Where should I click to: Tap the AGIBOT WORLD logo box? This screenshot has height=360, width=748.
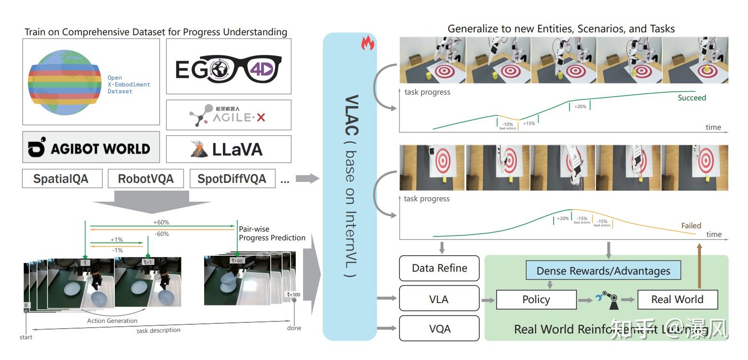pos(91,147)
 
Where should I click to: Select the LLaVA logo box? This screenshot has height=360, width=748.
pos(228,149)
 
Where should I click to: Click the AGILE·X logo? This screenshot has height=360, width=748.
pos(228,115)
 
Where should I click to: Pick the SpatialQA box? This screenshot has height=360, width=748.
pos(62,179)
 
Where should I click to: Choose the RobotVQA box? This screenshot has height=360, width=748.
pos(146,179)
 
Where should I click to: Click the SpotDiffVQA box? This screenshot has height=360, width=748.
pos(232,179)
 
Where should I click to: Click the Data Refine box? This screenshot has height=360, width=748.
pos(439,268)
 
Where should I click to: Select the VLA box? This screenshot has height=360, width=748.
pos(439,299)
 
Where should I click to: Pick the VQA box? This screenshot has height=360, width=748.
pos(439,329)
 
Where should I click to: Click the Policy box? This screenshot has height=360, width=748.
pos(536,300)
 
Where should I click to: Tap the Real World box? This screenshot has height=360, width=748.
pos(677,300)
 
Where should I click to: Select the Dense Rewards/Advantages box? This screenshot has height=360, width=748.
pos(603,271)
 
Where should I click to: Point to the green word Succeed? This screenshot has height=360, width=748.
pos(692,98)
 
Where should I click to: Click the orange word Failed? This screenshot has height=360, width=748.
pos(691,225)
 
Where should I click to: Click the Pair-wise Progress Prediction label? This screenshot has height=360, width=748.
pos(272,233)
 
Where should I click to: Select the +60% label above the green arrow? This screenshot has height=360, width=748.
pos(161,222)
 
